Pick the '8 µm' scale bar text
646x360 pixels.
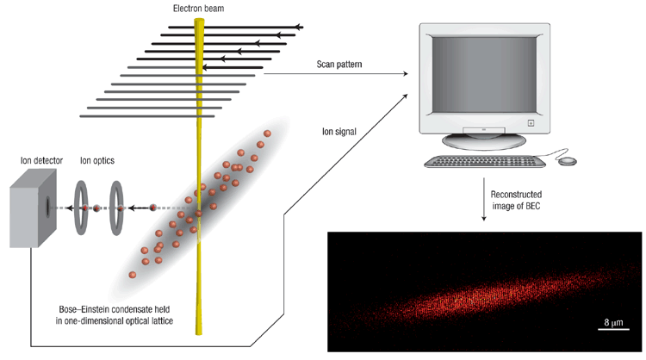coord(613,322)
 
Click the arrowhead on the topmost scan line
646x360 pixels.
coord(298,27)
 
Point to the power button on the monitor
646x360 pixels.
coord(531,123)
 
